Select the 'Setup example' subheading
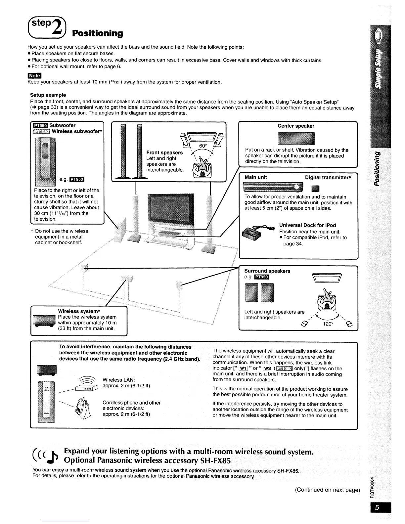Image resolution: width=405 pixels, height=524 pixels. pos(48,95)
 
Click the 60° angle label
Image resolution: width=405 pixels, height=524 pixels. pos(203,147)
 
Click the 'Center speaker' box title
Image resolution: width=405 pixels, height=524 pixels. pos(296,126)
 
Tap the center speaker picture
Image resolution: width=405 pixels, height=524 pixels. pos(296,138)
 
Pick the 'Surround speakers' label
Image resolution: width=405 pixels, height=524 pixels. pos(267,271)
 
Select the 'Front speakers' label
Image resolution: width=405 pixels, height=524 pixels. pos(164,153)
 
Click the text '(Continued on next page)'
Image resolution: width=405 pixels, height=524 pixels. pos(327,490)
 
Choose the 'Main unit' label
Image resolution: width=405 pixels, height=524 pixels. pos(256,177)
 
